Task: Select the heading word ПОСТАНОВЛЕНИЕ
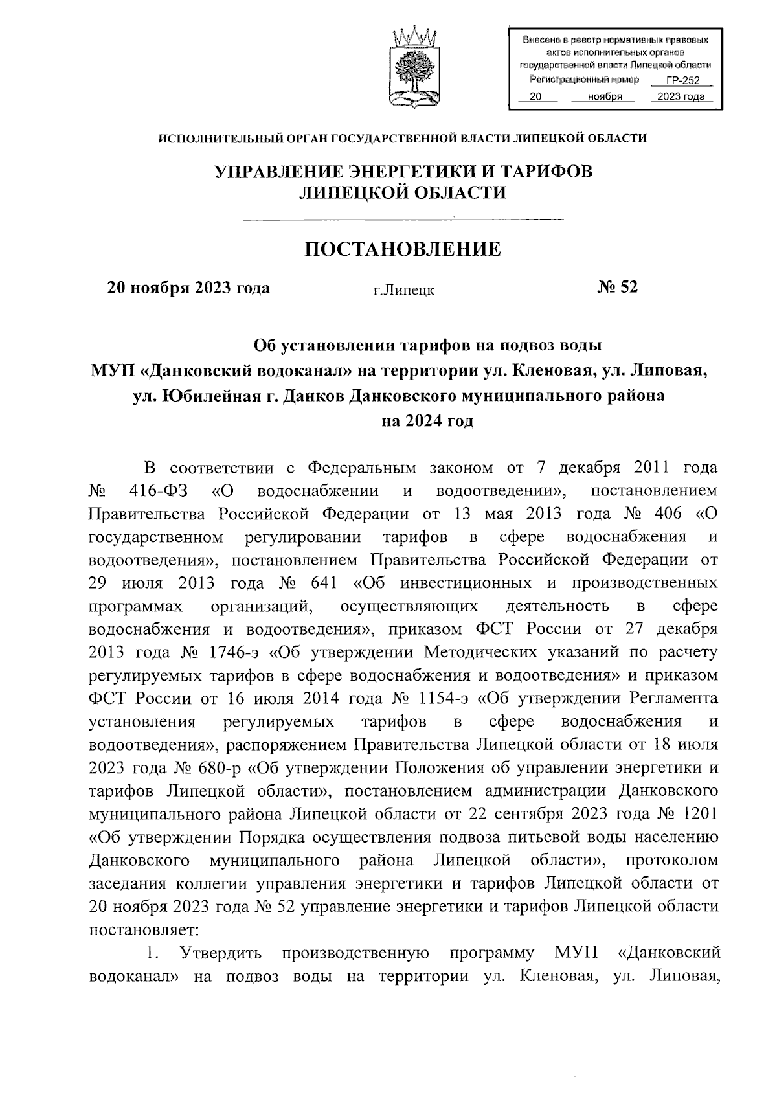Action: click(x=403, y=249)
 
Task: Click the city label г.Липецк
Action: click(x=403, y=290)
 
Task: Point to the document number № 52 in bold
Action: click(x=617, y=287)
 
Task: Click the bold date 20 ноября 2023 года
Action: click(x=188, y=288)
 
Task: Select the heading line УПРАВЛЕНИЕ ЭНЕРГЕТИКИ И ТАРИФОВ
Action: click(x=403, y=171)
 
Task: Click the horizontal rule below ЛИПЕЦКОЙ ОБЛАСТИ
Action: click(x=403, y=220)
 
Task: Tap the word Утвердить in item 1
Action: click(x=221, y=953)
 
